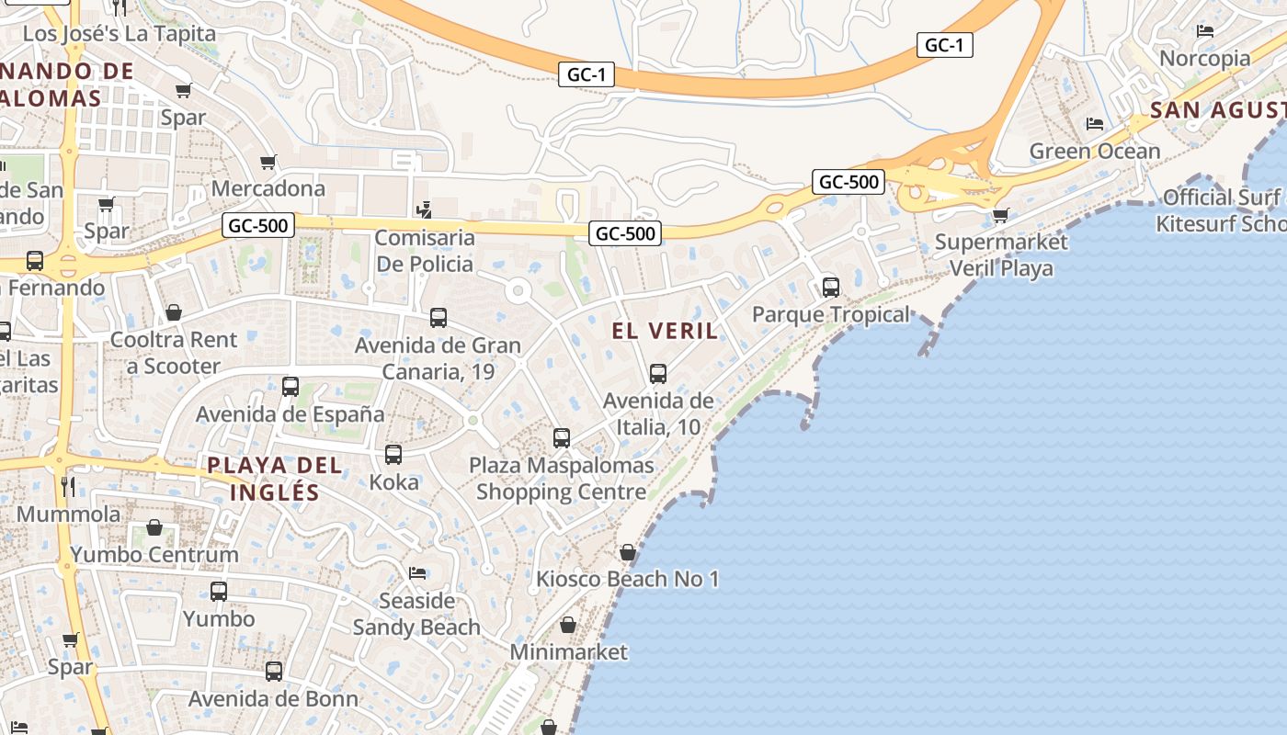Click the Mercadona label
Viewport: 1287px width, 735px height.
pyautogui.click(x=268, y=188)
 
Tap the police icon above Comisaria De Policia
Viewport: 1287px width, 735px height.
pyautogui.click(x=424, y=209)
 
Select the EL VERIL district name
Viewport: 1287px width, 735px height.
pyautogui.click(x=665, y=331)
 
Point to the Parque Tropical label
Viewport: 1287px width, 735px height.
pyautogui.click(x=830, y=314)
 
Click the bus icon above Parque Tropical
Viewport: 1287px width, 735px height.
pyautogui.click(x=831, y=287)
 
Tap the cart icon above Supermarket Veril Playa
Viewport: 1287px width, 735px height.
pyautogui.click(x=1000, y=216)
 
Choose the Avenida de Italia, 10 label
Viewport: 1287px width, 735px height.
pyautogui.click(x=657, y=413)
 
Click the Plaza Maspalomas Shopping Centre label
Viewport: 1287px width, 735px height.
pyautogui.click(x=561, y=478)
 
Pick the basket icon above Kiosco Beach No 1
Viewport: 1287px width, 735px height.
pyautogui.click(x=627, y=552)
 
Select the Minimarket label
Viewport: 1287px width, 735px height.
pyautogui.click(x=568, y=651)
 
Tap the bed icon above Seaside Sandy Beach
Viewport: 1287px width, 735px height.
pyautogui.click(x=417, y=573)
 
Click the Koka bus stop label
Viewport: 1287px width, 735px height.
pyautogui.click(x=393, y=481)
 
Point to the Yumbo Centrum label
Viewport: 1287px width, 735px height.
pyautogui.click(x=154, y=554)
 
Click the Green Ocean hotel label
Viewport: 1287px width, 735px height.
pyautogui.click(x=1094, y=151)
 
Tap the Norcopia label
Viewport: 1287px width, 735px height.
pyautogui.click(x=1204, y=59)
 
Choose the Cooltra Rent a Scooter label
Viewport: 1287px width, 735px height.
pyautogui.click(x=174, y=353)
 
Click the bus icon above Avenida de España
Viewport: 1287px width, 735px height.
pyautogui.click(x=290, y=387)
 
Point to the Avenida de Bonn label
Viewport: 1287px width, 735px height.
pyautogui.click(x=273, y=698)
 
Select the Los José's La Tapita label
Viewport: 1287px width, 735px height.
pyautogui.click(x=119, y=33)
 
